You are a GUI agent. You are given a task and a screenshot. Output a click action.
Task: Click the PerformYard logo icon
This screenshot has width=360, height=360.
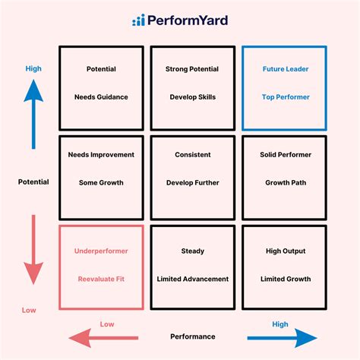(138, 21)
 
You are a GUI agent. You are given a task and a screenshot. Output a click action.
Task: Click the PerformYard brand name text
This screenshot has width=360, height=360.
(187, 21)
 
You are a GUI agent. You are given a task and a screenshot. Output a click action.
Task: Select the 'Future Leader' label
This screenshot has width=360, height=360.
(284, 69)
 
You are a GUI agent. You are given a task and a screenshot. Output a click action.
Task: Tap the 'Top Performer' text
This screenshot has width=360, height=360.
(284, 97)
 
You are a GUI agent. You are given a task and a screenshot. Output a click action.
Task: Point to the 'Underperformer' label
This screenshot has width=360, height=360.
(101, 251)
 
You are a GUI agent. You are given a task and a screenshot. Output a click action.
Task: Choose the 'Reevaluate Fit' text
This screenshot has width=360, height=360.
(101, 279)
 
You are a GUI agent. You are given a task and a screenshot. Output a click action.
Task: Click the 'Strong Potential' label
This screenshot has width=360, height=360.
(192, 69)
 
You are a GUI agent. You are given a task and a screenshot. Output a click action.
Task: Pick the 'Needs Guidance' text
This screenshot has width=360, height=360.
(101, 97)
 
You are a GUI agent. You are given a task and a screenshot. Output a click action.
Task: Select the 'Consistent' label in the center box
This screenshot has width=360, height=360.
(192, 154)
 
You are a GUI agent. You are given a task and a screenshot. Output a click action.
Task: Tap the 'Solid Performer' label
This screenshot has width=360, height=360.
(284, 154)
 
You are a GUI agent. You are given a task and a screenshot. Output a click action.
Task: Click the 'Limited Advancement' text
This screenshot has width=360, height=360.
(192, 279)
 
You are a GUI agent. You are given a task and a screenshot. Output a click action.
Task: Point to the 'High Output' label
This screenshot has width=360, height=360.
(284, 251)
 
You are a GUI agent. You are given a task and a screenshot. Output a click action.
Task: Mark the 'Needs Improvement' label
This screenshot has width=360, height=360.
(101, 154)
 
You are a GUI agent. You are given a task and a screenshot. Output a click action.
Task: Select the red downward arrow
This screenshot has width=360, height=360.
(33, 250)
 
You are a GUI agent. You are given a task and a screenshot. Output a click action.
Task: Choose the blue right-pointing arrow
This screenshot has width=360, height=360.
(281, 337)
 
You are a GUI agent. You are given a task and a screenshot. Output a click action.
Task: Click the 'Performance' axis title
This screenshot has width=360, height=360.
(192, 336)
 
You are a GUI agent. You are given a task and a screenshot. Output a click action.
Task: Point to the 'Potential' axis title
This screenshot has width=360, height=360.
(33, 182)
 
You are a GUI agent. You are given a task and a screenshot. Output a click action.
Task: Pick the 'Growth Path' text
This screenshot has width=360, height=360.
(284, 182)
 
